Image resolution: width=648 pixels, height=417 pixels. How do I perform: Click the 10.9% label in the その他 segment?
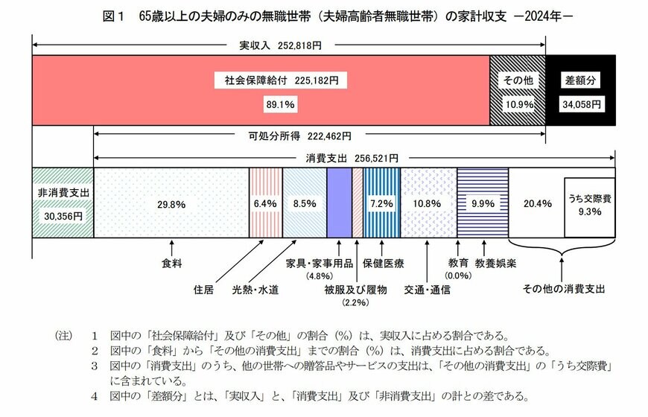tap(518, 104)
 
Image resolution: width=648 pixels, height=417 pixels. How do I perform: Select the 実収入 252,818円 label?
tap(280, 45)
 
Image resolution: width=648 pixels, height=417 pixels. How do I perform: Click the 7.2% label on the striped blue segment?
tap(381, 203)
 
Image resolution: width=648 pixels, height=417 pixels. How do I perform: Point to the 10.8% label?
tap(428, 203)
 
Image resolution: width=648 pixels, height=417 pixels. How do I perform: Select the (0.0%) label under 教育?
tap(458, 276)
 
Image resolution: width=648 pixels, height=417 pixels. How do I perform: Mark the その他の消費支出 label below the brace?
tap(564, 288)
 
